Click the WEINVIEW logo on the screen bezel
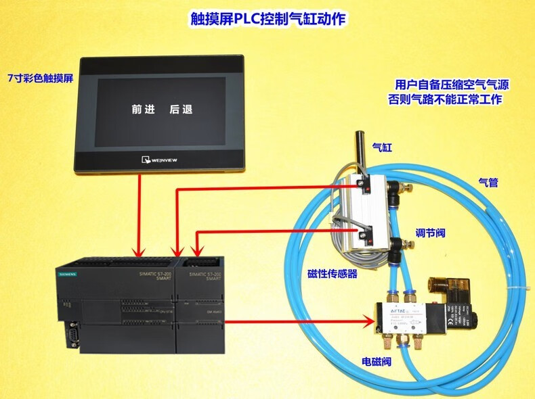160,160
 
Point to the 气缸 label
382,145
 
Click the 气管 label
488,182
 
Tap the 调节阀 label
430,233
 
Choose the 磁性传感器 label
332,274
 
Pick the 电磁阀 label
377,361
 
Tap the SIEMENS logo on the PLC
66,274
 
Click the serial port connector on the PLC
70,336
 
